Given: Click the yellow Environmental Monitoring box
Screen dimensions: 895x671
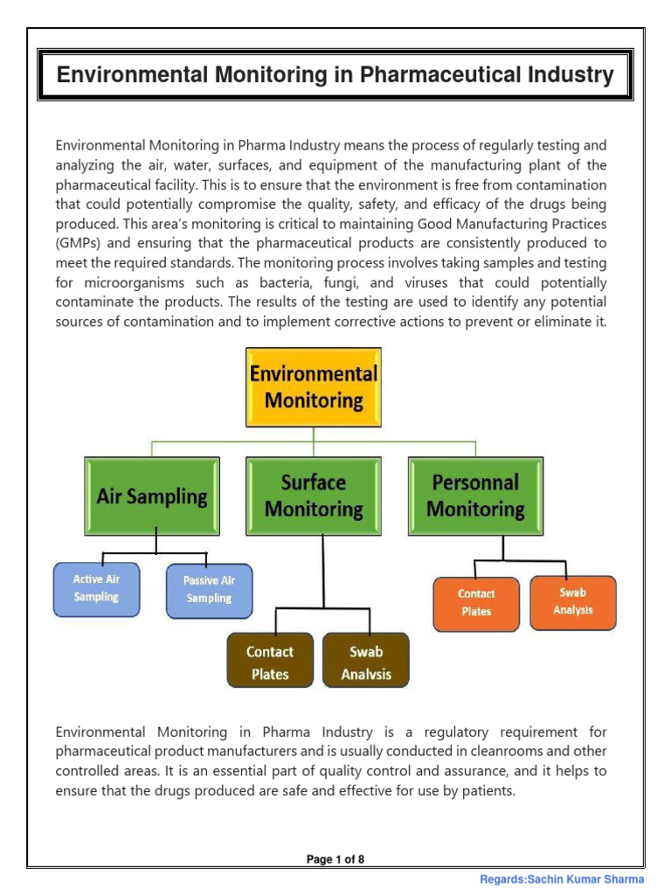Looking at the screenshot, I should click(314, 387).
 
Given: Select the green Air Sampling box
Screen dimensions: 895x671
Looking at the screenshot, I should click(152, 496).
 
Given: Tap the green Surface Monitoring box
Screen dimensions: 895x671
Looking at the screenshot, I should click(314, 496).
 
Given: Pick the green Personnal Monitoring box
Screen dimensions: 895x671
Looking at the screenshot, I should click(476, 496).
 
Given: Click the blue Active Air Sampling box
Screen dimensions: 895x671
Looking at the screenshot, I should click(96, 588).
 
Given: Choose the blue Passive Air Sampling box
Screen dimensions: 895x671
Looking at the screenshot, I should click(209, 589).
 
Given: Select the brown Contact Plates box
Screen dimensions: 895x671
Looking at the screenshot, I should click(270, 663).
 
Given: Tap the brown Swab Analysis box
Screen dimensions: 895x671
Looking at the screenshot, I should click(366, 663).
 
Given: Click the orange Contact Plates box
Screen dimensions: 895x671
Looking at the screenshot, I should click(476, 602).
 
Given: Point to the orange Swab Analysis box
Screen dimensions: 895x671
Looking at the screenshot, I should click(573, 601).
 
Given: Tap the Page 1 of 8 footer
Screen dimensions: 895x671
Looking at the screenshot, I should click(335, 859).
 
